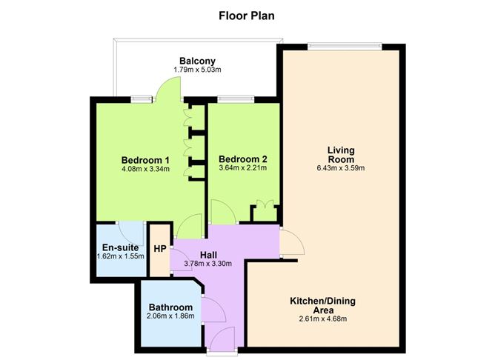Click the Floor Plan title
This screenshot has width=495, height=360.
(247, 14)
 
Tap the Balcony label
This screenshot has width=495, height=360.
(197, 61)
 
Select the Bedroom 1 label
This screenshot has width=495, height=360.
(146, 159)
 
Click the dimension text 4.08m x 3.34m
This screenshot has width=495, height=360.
(146, 169)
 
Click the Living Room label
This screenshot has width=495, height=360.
(341, 155)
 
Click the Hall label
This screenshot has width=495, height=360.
(207, 254)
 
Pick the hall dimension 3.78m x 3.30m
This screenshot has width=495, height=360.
(207, 263)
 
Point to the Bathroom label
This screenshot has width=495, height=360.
(170, 307)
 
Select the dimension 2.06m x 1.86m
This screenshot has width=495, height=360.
(170, 316)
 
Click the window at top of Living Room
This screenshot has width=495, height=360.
(345, 46)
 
